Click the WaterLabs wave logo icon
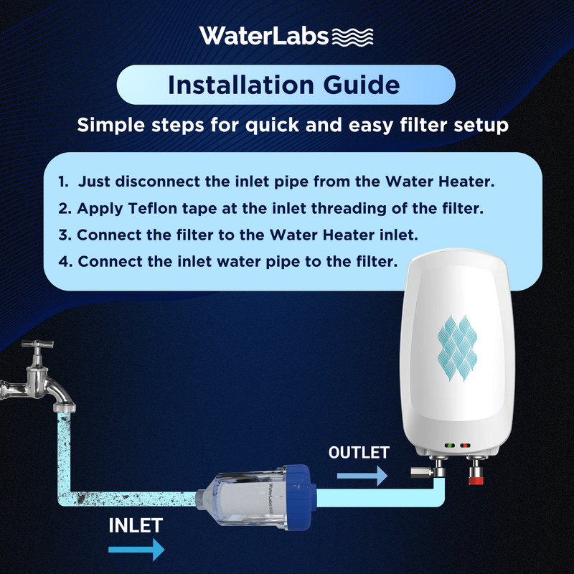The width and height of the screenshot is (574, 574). click(x=352, y=37)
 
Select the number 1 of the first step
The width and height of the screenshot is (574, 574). click(x=63, y=182)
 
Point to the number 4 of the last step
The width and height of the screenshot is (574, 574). click(x=65, y=262)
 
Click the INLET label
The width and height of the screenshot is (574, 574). click(x=136, y=526)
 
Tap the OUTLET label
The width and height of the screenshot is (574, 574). click(x=359, y=453)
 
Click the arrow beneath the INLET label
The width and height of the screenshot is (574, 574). click(x=136, y=549)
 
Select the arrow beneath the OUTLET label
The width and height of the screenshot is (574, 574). click(x=362, y=476)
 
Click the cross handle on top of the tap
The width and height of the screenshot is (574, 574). click(x=37, y=344)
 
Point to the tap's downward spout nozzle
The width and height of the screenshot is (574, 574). click(x=64, y=407)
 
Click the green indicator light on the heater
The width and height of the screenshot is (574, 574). click(x=450, y=446)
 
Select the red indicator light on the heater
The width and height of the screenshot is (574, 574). click(x=465, y=446)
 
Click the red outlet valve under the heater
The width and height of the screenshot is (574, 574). click(x=476, y=478)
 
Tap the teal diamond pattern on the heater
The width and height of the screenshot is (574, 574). click(x=457, y=347)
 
